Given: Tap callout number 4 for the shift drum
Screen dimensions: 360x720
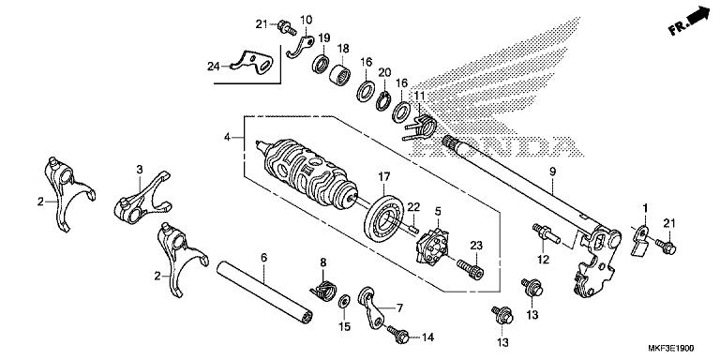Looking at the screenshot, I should (227, 137).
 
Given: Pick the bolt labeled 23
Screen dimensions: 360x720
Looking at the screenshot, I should (474, 268).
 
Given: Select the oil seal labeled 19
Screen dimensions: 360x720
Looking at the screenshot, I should (322, 64).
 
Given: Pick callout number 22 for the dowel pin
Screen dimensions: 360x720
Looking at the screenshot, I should (412, 207).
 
